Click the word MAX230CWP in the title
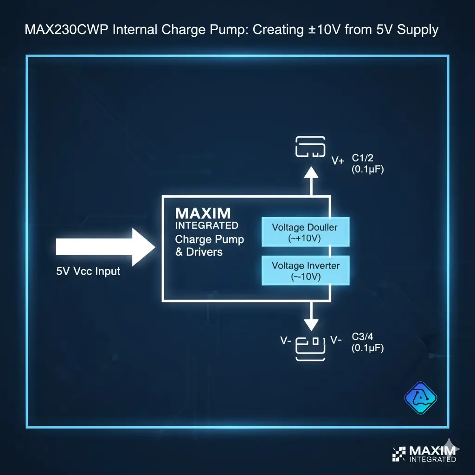point(63,31)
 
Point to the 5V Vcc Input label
point(88,271)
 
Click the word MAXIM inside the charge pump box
point(203,213)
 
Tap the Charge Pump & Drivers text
point(209,246)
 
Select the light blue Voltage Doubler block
point(305,231)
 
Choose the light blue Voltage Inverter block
point(305,270)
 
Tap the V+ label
point(338,161)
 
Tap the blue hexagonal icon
point(421,398)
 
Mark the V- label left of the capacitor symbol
point(286,340)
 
